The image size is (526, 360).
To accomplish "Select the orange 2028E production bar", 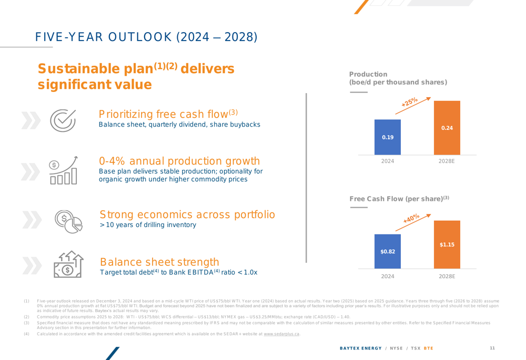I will pos(447,128).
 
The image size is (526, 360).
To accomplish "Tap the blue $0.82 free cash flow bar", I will pos(388,251).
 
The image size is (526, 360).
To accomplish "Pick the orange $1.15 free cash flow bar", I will pos(447,244).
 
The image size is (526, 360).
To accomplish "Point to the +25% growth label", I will pos(410,102).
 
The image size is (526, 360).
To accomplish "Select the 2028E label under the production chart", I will pos(447,161).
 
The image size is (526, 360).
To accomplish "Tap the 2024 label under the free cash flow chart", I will pos(388,276).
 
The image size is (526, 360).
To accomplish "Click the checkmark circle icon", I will pos(64,119).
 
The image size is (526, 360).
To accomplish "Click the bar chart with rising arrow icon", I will pos(64,170).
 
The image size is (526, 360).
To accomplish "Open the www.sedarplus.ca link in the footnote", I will pos(281,334).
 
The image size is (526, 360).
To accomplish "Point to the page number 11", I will pos(492,348).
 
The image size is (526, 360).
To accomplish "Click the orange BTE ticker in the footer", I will pos(429,348).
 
